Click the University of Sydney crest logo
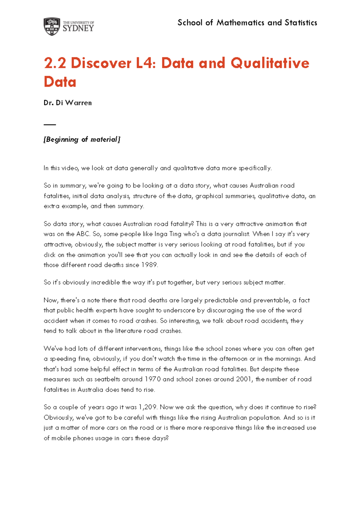(52, 26)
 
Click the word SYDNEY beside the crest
(78, 29)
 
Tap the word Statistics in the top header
(301, 23)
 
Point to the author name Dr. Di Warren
(68, 103)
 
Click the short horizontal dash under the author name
(50, 124)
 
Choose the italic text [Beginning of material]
(82, 139)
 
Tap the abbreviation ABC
(83, 234)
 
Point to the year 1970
(153, 379)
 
